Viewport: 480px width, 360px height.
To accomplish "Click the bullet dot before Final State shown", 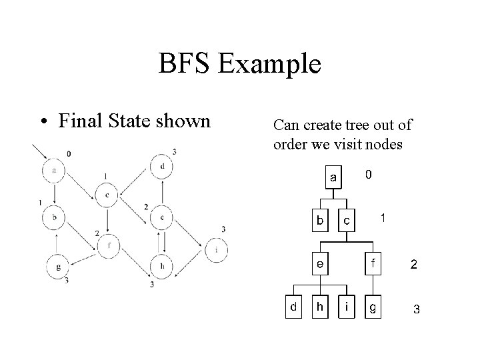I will [42, 121].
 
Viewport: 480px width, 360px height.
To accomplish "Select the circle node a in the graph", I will [53, 171].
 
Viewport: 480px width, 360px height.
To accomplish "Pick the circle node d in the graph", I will [162, 166].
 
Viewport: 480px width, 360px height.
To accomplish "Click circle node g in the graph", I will [59, 267].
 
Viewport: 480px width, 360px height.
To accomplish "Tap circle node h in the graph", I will [162, 267].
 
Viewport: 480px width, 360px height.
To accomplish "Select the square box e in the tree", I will [321, 263].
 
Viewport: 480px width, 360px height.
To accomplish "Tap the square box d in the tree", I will [292, 307].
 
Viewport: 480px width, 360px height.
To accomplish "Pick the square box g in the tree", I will [373, 307].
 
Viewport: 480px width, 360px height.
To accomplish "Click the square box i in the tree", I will [347, 307].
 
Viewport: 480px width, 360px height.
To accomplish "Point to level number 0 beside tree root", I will [369, 174].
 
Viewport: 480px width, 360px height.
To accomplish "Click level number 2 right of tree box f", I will [414, 265].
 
